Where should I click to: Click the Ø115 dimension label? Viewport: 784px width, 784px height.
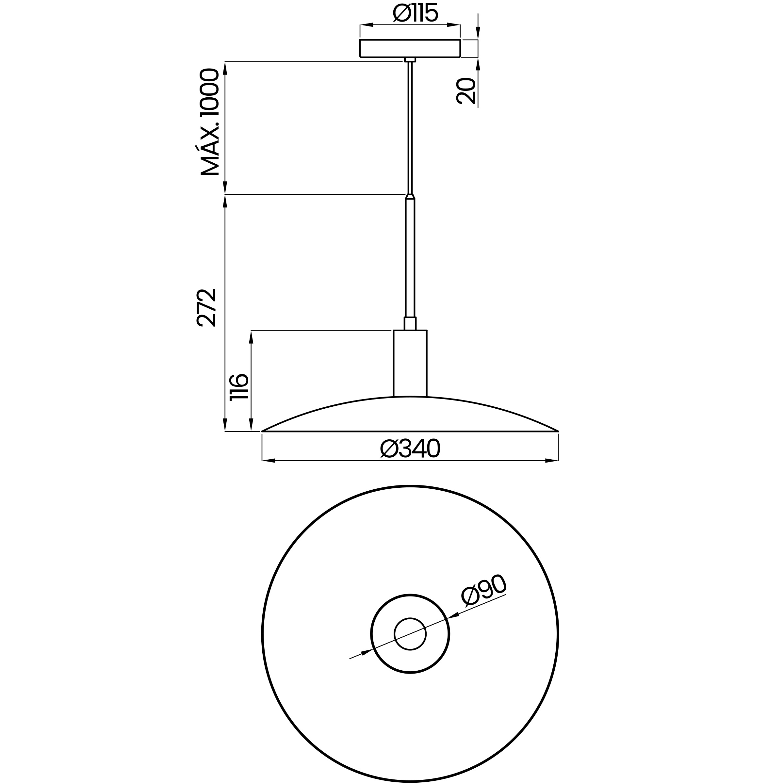coord(416,13)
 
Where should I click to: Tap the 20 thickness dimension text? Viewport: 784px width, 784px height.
coord(466,91)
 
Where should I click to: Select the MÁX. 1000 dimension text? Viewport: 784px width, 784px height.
coord(210,122)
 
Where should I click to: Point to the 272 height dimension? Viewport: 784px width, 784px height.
coord(206,308)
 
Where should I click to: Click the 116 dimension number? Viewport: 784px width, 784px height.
coord(239,387)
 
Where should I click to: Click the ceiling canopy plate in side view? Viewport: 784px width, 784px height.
coord(410,49)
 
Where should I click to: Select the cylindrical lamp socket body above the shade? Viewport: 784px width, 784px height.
coord(410,364)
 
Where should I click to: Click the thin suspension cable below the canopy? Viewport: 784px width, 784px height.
coord(410,128)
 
